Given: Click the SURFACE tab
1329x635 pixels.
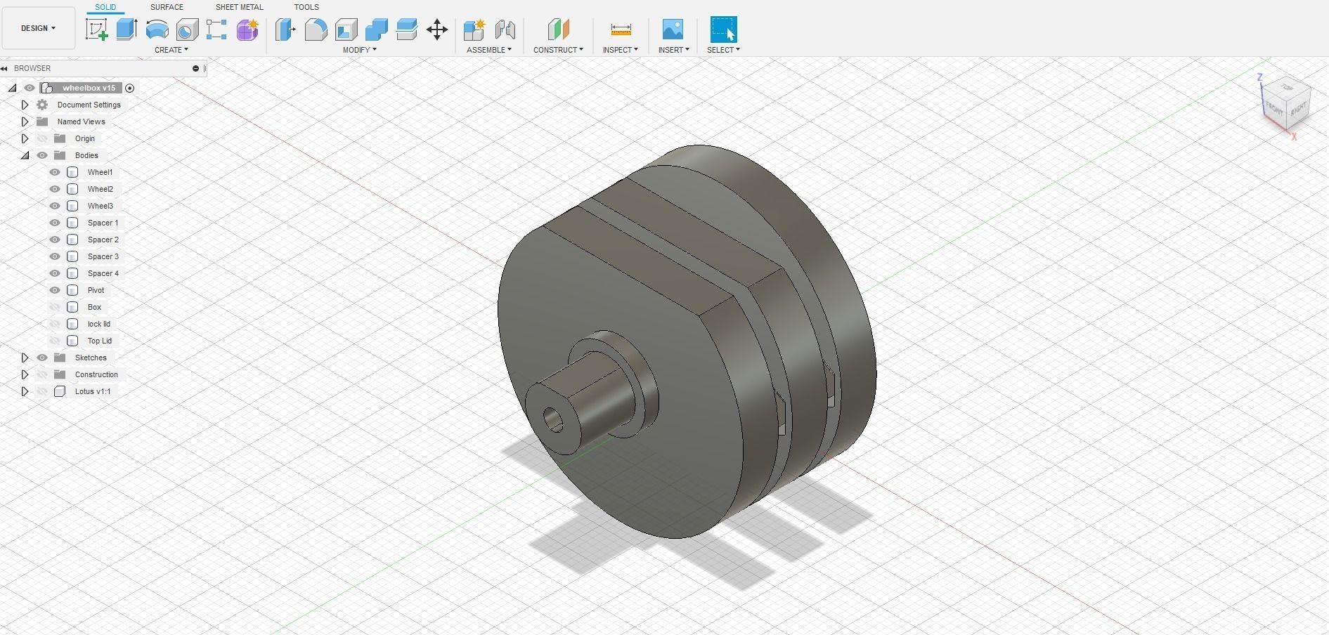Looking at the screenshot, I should pos(167,7).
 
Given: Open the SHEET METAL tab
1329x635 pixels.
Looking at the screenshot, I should pos(239,7).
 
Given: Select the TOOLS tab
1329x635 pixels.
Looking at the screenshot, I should pos(306,7).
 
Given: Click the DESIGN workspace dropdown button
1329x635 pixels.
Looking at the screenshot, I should pos(38,28).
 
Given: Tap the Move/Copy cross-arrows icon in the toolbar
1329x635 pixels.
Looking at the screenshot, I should pos(437,30).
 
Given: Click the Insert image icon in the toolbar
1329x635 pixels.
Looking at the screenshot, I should pos(673,30).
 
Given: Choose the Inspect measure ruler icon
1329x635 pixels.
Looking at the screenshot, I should pos(621,30).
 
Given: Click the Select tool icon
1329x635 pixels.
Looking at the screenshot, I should pos(723,30).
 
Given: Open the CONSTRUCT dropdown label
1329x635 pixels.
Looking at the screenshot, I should pos(558,50).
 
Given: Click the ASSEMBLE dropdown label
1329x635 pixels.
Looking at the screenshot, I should pos(488,50).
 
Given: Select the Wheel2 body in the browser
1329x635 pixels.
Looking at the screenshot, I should pos(100,189).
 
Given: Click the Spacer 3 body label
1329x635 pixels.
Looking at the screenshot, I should pos(103,256).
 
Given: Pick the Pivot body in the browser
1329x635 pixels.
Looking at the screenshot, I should pos(96,290).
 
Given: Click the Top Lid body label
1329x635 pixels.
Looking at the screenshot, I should pos(99,341).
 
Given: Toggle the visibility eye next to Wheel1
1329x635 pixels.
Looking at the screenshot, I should pos(55,172).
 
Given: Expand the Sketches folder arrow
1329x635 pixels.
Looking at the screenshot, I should pos(25,358).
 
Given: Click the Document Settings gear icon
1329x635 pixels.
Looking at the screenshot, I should pos(42,105).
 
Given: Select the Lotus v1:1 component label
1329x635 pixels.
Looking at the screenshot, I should pos(93,391).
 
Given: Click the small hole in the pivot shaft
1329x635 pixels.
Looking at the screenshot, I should pos(554,421).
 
